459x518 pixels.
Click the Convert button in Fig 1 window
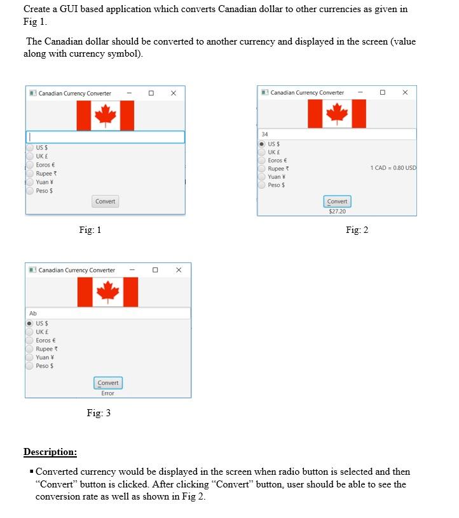click(x=105, y=201)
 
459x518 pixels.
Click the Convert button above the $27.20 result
click(x=337, y=201)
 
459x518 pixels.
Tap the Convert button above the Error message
click(x=107, y=382)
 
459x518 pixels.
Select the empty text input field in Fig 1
click(x=106, y=137)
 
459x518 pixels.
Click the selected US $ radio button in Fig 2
click(x=262, y=144)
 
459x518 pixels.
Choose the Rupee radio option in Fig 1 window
click(x=30, y=173)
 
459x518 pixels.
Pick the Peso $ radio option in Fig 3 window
click(x=30, y=366)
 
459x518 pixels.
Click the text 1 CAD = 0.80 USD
click(x=393, y=168)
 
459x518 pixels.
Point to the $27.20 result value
click(x=337, y=211)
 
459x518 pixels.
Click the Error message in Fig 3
click(x=107, y=393)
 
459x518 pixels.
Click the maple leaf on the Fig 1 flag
click(x=105, y=115)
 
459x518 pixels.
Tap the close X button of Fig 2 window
click(x=405, y=93)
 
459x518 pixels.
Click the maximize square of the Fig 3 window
click(x=155, y=270)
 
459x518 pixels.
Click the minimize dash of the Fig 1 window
click(x=129, y=94)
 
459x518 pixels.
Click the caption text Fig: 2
click(x=357, y=230)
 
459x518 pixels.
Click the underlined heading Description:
click(x=50, y=452)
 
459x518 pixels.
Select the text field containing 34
click(x=337, y=134)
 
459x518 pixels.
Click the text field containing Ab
click(x=108, y=313)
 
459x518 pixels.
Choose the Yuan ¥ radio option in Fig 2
click(x=262, y=177)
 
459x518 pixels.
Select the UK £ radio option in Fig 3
click(x=30, y=332)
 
